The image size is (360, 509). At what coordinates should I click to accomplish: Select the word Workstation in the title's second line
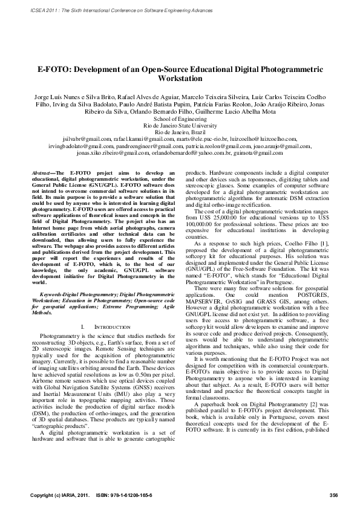pos(180,79)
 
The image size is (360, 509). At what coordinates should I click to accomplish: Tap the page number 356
pos(333,496)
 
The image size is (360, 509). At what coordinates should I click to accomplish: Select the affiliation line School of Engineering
pos(180,120)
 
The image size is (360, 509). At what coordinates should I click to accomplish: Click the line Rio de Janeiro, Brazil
pos(180,132)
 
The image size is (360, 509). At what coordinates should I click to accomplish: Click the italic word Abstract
pos(42,173)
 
